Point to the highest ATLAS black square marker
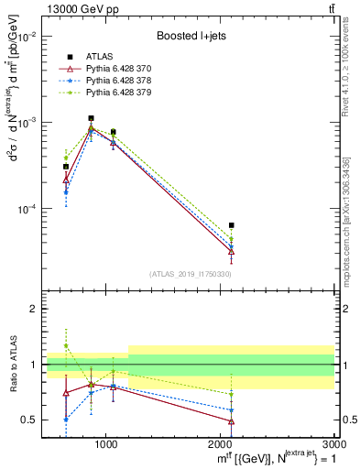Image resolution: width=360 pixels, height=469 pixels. [x=91, y=118]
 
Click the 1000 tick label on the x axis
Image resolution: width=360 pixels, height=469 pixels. [x=106, y=442]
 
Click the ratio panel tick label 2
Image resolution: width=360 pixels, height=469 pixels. [x=32, y=309]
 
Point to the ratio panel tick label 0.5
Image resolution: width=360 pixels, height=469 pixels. [x=28, y=420]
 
